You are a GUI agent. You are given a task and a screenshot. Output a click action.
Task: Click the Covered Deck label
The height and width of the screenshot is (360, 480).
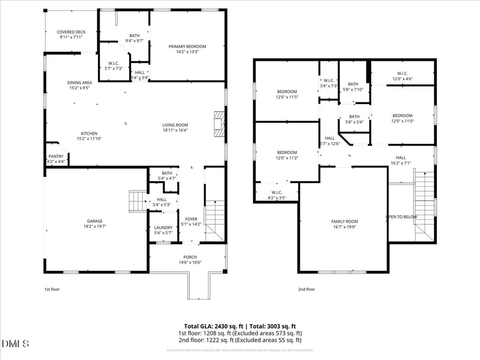pyautogui.click(x=71, y=33)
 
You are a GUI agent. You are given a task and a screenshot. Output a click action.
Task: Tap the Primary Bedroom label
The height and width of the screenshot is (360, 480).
pyautogui.click(x=187, y=47)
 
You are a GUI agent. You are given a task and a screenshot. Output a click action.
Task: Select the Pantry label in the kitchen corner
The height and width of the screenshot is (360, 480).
pyautogui.click(x=55, y=157)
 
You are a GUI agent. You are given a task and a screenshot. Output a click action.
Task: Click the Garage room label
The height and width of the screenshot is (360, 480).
pyautogui.click(x=95, y=221)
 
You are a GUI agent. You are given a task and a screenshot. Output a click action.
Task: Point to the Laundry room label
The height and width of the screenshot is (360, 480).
pyautogui.click(x=163, y=228)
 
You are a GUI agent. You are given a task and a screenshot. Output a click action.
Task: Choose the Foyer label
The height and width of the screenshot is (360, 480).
pyautogui.click(x=190, y=219)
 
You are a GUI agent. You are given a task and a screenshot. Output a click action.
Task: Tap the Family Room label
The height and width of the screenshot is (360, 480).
pyautogui.click(x=343, y=221)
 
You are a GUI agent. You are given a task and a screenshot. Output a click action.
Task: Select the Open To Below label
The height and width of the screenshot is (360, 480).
pyautogui.click(x=401, y=217)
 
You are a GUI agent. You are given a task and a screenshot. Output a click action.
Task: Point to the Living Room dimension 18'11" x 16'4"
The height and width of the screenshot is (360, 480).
pyautogui.click(x=175, y=130)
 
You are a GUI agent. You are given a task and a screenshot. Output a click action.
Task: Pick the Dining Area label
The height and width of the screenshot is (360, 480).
pyautogui.click(x=79, y=83)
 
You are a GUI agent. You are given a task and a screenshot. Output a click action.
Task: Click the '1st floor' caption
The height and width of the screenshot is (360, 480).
pyautogui.click(x=52, y=290)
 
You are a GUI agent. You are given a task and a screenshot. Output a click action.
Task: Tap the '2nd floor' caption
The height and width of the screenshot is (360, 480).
pyautogui.click(x=306, y=290)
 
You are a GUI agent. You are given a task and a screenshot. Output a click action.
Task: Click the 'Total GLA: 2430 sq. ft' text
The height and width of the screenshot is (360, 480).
pyautogui.click(x=212, y=326)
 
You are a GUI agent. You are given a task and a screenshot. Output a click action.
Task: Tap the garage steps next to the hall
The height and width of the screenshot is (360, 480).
pyautogui.click(x=138, y=201)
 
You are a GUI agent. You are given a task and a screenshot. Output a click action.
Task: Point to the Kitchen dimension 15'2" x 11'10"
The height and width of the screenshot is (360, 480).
pyautogui.click(x=89, y=139)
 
